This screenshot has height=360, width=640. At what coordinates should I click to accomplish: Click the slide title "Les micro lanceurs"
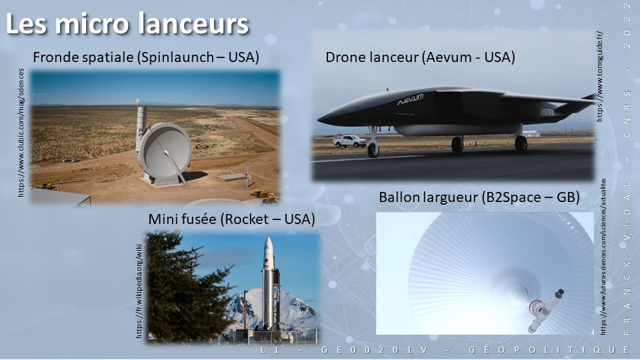point(127,24)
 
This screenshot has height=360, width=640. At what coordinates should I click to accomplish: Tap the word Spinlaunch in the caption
point(176,57)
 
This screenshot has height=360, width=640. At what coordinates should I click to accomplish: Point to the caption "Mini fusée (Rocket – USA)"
point(231,219)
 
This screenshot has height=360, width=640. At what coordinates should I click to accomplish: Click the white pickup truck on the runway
point(349,141)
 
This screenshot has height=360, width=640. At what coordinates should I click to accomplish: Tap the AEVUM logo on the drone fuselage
point(410,99)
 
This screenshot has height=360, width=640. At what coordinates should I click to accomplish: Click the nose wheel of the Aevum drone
point(373,150)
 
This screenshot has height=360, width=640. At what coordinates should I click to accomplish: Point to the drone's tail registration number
point(547,112)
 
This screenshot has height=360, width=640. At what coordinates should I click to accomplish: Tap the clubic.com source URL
point(21,133)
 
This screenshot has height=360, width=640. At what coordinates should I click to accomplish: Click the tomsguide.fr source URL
point(599,76)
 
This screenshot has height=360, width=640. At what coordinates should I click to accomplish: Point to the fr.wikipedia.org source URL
point(139,291)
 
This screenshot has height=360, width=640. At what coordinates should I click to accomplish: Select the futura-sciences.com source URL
point(603,257)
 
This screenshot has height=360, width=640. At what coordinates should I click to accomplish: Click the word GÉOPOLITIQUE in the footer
point(549,350)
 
